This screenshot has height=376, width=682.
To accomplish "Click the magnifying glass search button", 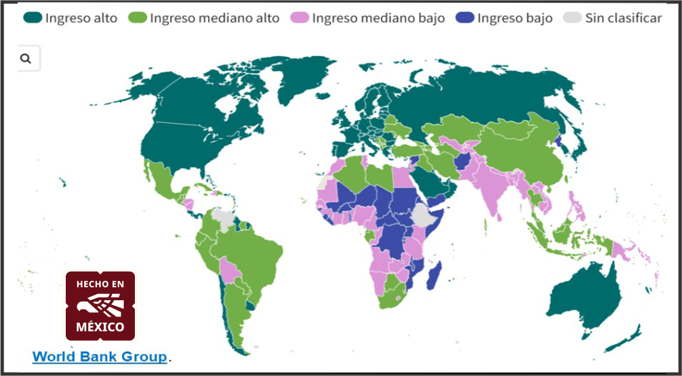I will pos(26,59).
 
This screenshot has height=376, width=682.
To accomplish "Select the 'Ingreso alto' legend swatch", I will pos(33,18).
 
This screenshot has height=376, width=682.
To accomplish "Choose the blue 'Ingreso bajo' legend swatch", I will pos(464,18).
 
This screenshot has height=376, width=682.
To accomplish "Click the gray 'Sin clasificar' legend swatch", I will pos(572,18).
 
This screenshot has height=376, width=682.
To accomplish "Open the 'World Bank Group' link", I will pos(99,356).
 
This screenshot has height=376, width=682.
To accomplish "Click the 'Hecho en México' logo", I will pos(100,306).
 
